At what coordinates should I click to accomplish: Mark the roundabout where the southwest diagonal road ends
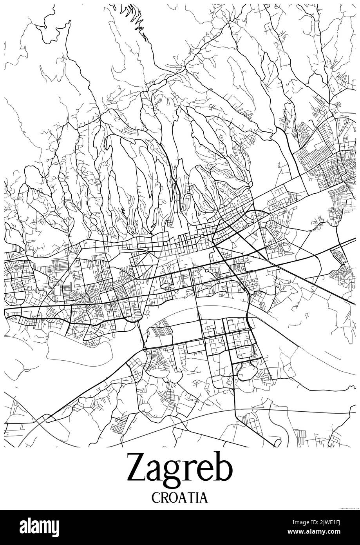point(145,349)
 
